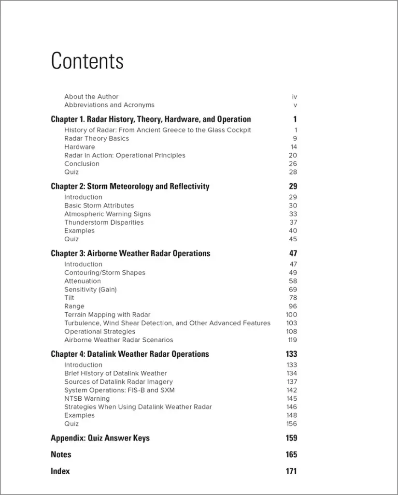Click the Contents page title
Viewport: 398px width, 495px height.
87,61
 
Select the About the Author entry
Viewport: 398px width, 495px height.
91,97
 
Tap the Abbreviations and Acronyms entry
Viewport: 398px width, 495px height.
109,105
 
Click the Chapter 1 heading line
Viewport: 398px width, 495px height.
151,119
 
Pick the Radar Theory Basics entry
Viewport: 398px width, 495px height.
97,138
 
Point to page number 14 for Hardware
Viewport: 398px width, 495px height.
294,147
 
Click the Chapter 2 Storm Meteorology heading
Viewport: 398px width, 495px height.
130,187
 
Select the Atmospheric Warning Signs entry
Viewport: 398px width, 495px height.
107,214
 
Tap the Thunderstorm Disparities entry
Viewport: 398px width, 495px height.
104,222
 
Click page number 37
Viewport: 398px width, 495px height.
293,222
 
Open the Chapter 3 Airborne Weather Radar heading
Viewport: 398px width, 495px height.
130,254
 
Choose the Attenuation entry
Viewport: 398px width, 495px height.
83,281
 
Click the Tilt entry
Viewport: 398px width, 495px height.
70,298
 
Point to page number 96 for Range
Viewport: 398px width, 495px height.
293,306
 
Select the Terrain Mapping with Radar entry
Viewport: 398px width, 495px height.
107,315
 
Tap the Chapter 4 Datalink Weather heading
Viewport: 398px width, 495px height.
130,354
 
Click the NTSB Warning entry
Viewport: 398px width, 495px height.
87,399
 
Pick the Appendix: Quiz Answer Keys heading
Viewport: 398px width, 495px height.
100,438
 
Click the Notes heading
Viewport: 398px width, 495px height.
61,455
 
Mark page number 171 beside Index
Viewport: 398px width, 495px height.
291,471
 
